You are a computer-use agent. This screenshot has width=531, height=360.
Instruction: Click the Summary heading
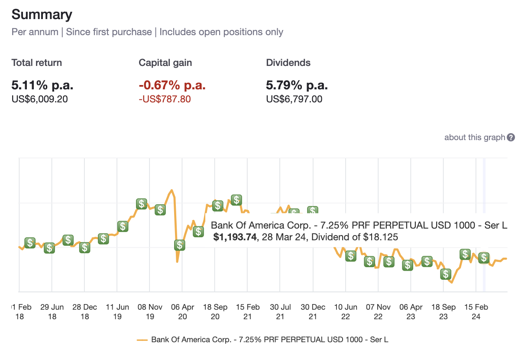tap(42, 15)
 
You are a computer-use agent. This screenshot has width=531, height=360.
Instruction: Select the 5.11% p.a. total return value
tap(42, 85)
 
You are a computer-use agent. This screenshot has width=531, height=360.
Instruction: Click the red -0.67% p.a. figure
tap(172, 85)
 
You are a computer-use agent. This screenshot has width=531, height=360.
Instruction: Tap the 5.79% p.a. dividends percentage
tap(297, 85)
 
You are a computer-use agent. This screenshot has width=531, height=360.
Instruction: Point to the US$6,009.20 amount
tap(39, 99)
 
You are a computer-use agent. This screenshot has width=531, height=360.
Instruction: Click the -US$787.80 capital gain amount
tap(165, 99)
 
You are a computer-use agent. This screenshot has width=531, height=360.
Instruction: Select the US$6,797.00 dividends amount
tap(294, 99)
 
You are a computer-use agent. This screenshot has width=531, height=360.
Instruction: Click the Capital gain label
tap(165, 62)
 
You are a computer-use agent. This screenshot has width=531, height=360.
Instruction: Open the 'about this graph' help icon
tap(511, 137)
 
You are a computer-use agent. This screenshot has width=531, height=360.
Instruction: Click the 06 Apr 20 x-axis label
tap(182, 311)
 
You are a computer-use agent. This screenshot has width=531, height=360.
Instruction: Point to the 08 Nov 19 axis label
tap(150, 311)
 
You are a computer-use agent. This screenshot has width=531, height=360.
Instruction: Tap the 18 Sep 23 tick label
tap(443, 311)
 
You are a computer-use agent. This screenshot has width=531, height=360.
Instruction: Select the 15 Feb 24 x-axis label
tap(476, 311)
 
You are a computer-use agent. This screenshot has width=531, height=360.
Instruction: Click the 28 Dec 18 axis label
tap(84, 311)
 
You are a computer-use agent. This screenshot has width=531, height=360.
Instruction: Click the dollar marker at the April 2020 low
tap(179, 245)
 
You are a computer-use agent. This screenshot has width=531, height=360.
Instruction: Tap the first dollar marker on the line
tap(29, 242)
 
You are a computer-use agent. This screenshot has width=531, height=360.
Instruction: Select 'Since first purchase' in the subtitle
tap(109, 32)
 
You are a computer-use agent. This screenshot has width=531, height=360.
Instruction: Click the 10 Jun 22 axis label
tap(345, 311)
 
